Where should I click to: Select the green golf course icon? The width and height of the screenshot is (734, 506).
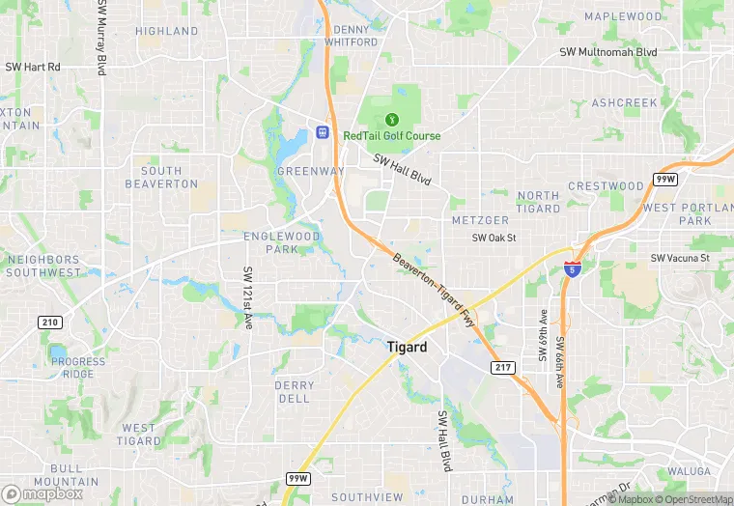392,119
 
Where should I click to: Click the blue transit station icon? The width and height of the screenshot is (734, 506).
322,132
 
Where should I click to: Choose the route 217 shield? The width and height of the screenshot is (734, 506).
502,368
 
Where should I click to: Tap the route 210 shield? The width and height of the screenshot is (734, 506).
49,323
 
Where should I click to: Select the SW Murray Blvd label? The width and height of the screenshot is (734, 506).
101,38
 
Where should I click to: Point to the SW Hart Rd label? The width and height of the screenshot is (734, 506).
33,67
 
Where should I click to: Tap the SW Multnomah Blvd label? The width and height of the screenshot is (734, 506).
608,52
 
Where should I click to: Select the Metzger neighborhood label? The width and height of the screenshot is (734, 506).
480,220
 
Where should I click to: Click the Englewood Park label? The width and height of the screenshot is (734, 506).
281,242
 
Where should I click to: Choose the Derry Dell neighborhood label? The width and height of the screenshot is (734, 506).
294,391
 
